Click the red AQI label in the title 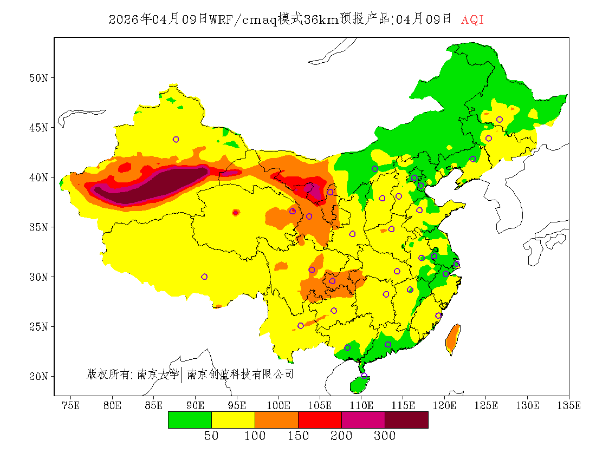[472, 20]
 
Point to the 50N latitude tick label [38, 78]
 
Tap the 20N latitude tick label [38, 376]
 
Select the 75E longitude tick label [70, 405]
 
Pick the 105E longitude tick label [320, 405]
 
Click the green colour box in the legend [190, 420]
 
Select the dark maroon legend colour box [406, 420]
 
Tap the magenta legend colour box [363, 420]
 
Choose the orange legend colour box [276, 420]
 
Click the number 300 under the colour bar [384, 436]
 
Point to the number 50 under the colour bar [211, 436]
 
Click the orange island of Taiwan [452, 338]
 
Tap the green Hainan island [359, 385]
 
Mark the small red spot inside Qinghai [235, 213]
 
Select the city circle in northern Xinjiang [176, 140]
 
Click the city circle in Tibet [204, 277]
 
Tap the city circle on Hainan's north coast [364, 376]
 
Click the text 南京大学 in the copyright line [158, 374]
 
